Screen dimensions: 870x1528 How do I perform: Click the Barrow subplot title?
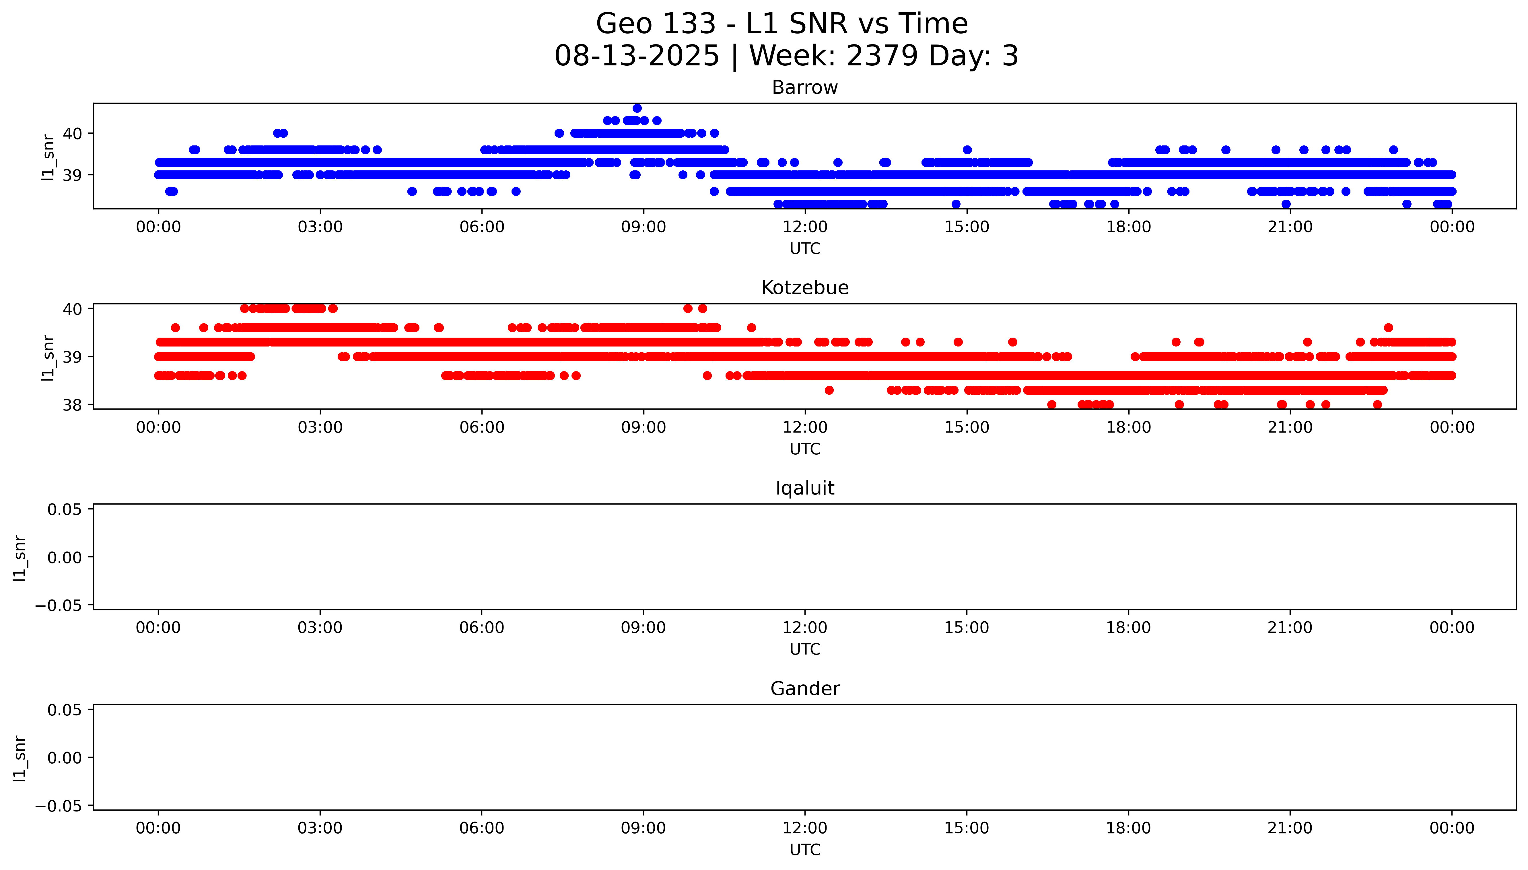804,88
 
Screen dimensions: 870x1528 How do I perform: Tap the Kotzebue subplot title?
804,288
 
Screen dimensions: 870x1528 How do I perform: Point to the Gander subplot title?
804,689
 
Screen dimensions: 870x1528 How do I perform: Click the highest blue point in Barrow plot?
637,108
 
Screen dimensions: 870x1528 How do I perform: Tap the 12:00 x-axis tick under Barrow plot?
805,227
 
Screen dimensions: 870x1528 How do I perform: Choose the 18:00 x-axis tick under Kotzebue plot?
1128,427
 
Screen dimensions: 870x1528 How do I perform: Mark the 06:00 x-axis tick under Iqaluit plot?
482,627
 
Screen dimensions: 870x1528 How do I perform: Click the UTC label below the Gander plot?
804,850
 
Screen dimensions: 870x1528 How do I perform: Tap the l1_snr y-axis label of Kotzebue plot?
48,357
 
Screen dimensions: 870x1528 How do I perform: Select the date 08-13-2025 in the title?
636,56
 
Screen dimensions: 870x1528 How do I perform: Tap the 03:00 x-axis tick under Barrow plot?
320,227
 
